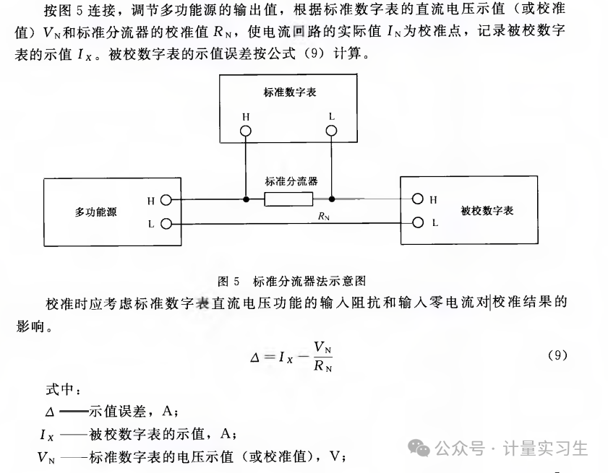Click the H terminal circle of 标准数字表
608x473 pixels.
[x=246, y=131]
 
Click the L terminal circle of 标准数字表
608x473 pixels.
[x=331, y=131]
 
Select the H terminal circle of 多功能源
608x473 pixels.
[x=166, y=200]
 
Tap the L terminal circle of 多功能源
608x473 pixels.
[x=166, y=224]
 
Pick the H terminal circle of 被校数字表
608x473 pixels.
[x=418, y=199]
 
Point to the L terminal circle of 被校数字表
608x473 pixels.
[x=418, y=222]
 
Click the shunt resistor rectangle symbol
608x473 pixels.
[x=288, y=199]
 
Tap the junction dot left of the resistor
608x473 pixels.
[x=246, y=199]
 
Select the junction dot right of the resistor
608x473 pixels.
[x=332, y=199]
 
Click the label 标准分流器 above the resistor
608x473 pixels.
[x=291, y=181]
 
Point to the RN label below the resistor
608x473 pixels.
[x=324, y=216]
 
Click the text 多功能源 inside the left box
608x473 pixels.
[x=95, y=212]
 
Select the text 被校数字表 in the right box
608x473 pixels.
[x=487, y=211]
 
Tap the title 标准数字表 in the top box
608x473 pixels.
[x=290, y=92]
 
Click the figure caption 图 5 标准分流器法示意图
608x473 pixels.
[x=291, y=281]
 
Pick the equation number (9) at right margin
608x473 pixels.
[x=557, y=355]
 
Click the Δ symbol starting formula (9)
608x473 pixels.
[x=254, y=357]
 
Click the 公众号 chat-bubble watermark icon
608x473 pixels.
[x=419, y=448]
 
